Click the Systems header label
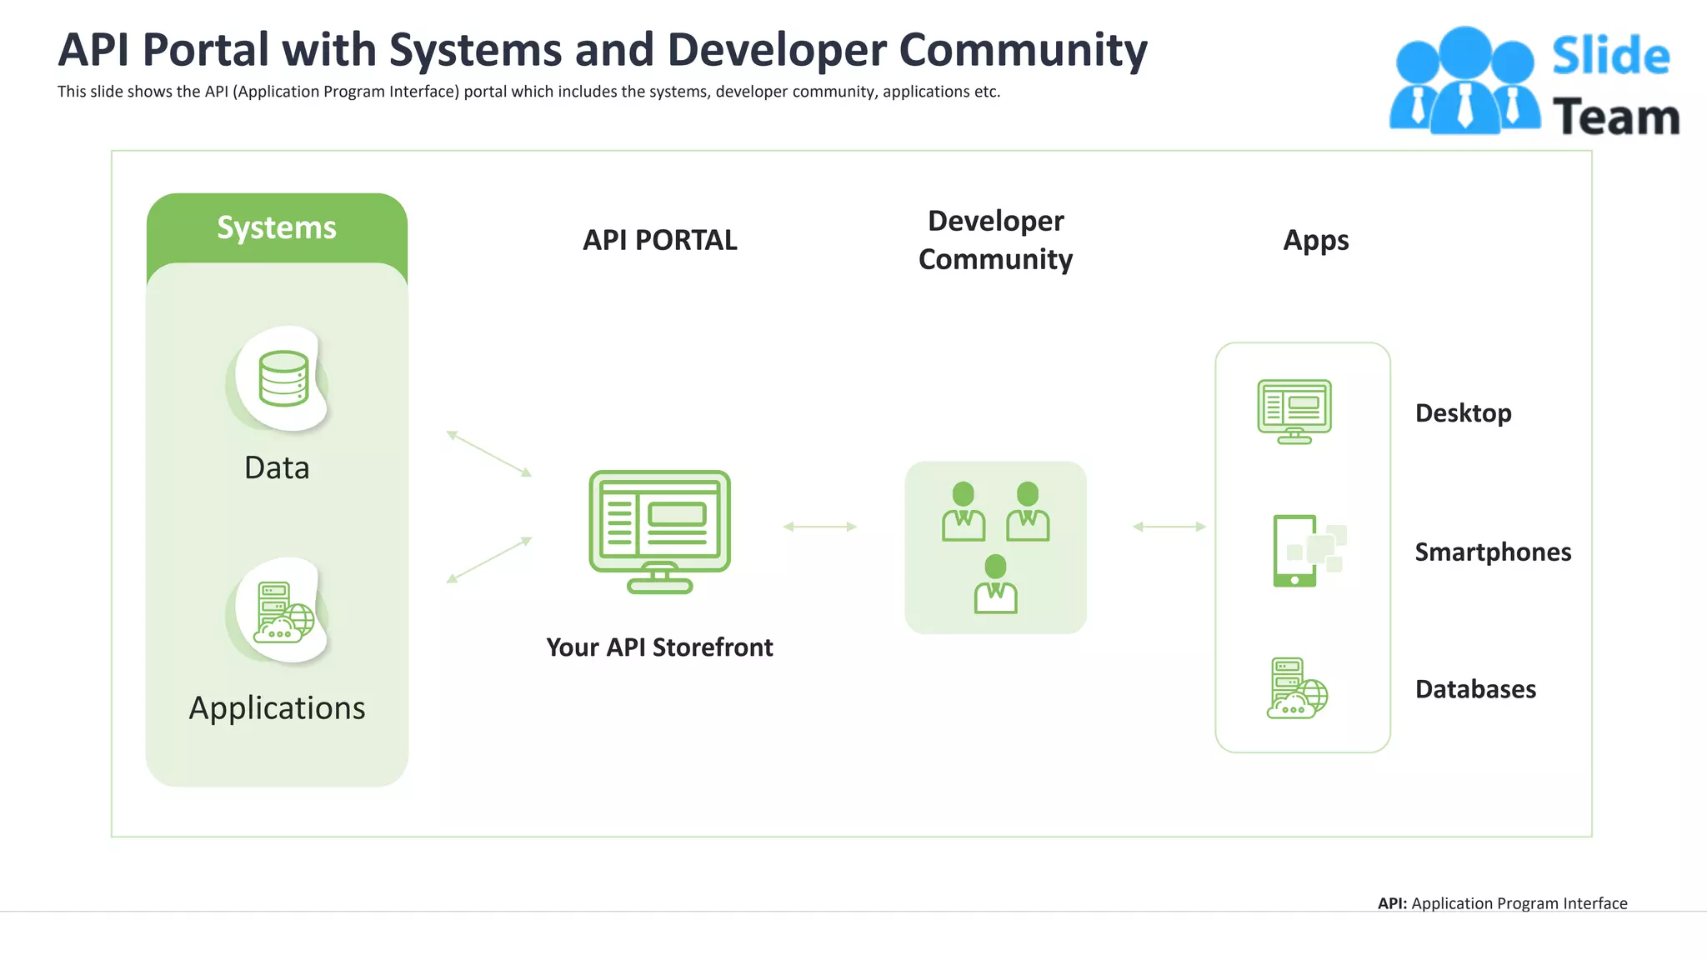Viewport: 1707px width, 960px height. (277, 227)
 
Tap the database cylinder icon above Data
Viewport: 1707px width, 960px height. (283, 378)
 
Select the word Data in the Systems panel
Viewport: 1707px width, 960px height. (277, 467)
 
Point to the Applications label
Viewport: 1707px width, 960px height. (277, 707)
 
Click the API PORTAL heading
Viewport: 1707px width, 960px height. (659, 240)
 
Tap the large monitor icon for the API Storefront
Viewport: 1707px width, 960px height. (659, 531)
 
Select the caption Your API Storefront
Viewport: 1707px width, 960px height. (659, 647)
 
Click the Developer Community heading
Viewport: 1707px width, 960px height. (995, 240)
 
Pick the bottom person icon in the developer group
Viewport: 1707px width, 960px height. (995, 584)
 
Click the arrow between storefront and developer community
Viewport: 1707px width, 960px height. (820, 527)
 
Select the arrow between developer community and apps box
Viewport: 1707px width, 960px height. (1169, 527)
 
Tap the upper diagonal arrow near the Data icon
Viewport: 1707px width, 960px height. (489, 454)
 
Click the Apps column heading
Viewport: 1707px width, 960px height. (1315, 240)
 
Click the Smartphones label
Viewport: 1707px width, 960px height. (1493, 552)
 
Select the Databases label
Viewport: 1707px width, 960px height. (1475, 689)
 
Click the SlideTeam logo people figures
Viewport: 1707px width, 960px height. (1464, 82)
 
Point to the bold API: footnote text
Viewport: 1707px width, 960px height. (1392, 903)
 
